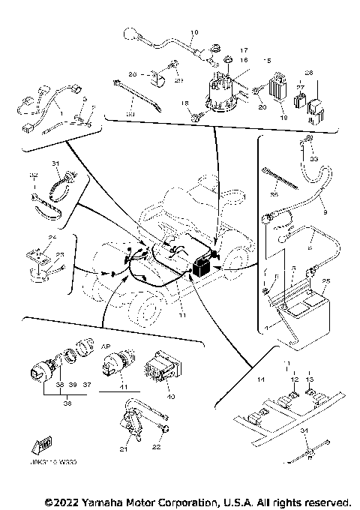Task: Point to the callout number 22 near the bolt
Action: point(157,447)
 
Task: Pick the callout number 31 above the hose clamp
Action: point(55,163)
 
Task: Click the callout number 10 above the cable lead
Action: point(192,33)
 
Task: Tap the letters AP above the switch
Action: point(106,347)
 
